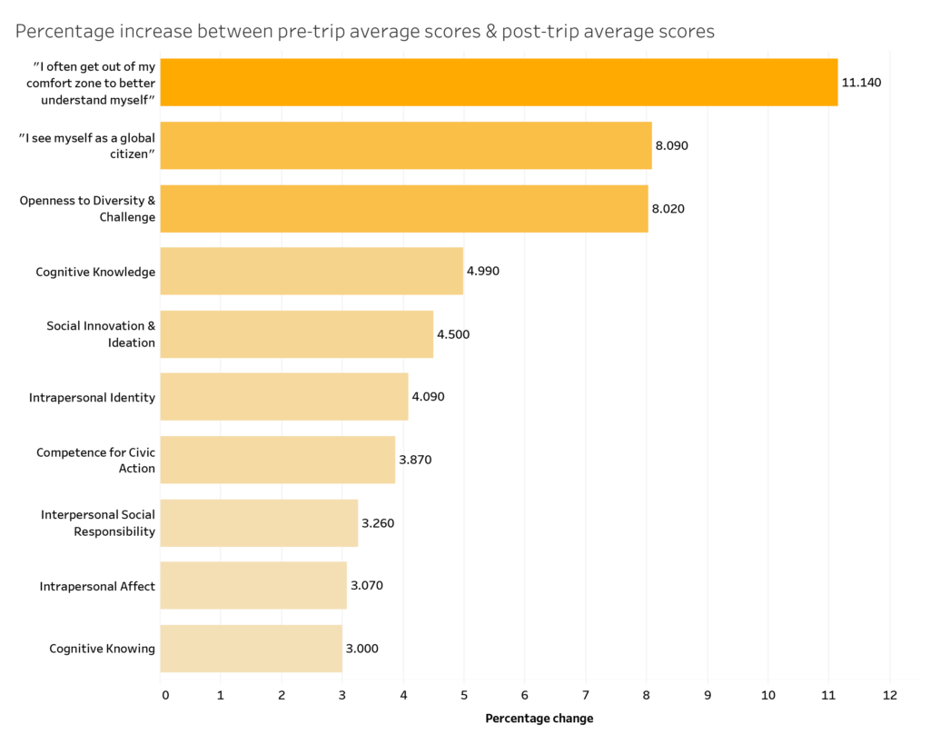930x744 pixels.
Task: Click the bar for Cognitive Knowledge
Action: point(312,271)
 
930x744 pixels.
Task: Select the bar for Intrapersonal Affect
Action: point(253,585)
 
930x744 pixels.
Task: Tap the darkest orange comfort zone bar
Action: point(499,82)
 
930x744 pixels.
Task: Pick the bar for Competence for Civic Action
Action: point(278,460)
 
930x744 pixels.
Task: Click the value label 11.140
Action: point(861,83)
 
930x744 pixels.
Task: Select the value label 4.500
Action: point(453,334)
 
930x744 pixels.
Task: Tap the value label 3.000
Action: point(361,649)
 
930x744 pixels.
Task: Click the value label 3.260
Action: point(378,523)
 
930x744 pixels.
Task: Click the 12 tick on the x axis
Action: point(889,696)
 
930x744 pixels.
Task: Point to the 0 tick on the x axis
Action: point(164,696)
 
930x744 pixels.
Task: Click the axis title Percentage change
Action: point(539,719)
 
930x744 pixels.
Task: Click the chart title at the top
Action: point(365,32)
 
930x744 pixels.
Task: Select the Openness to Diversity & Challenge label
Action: point(87,209)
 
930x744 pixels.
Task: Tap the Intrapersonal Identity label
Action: point(92,397)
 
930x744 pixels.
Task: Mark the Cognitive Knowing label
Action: point(102,649)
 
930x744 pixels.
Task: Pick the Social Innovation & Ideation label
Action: point(101,334)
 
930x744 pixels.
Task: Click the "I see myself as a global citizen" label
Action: point(87,146)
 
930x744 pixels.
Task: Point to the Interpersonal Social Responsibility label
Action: point(98,523)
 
